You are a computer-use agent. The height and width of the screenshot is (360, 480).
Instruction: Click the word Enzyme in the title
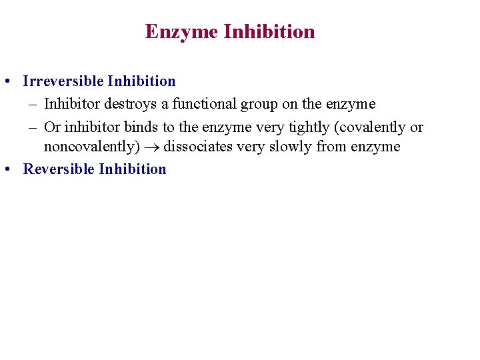(x=181, y=32)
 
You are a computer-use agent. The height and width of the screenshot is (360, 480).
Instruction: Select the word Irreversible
(x=63, y=81)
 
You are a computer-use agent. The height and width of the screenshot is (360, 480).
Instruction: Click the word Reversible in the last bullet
(x=59, y=169)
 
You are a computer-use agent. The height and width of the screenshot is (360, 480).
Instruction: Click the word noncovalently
(x=91, y=147)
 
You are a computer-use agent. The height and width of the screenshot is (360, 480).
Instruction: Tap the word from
(x=331, y=147)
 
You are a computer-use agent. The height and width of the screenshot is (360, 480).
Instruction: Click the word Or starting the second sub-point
(x=51, y=127)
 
